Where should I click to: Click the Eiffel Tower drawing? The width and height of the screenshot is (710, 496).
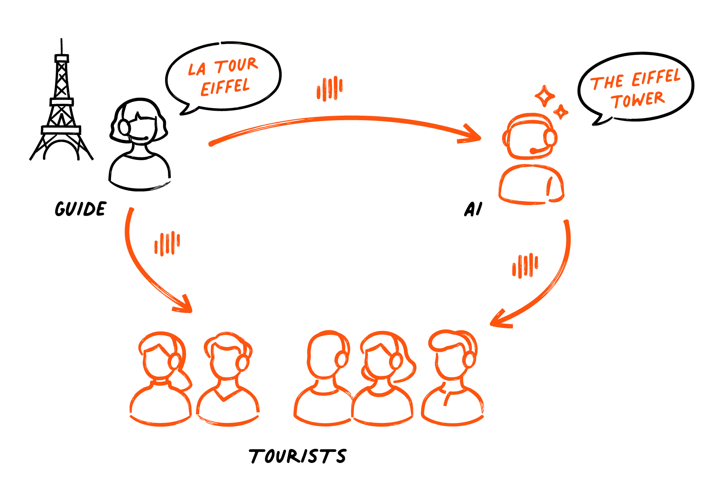[61, 103]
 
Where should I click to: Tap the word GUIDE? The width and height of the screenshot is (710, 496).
[80, 209]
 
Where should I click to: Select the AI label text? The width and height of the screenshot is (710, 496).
[473, 209]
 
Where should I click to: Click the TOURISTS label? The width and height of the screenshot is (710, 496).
[297, 456]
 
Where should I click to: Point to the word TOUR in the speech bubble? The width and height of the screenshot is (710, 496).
[236, 65]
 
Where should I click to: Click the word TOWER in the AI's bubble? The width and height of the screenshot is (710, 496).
[637, 100]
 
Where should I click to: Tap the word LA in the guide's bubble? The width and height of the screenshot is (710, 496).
[197, 69]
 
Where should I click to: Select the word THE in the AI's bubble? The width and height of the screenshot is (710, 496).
[607, 83]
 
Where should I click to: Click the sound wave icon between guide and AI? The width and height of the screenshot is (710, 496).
[330, 88]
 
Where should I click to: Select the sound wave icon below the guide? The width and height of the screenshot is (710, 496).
[167, 244]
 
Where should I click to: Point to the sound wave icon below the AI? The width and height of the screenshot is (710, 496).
[525, 266]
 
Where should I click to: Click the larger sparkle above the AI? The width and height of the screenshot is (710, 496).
[545, 96]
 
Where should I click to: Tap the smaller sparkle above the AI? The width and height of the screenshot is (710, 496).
[561, 112]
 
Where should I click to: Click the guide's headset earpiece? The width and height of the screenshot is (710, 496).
[124, 127]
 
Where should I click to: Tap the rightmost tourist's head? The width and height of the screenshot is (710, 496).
[453, 354]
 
